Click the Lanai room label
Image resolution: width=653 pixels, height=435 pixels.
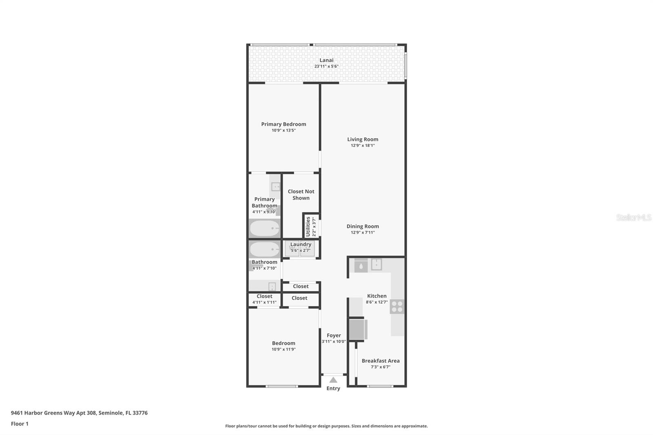[x=326, y=60]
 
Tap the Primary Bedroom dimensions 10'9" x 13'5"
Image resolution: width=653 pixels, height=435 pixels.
[x=283, y=131]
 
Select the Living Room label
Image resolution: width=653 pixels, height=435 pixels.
[x=362, y=139]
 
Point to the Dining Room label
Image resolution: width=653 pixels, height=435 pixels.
[x=362, y=226]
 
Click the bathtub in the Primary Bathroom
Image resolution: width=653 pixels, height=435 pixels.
[x=264, y=229]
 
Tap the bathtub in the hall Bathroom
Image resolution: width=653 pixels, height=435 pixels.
[x=264, y=249]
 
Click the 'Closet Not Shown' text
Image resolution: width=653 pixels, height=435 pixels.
[x=301, y=195]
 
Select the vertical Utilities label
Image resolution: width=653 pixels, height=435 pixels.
[x=308, y=227]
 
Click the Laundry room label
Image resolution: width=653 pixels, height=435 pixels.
[x=301, y=244]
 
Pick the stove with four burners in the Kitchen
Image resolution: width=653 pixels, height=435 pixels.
[x=397, y=306]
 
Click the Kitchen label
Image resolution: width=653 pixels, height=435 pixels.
[x=376, y=296]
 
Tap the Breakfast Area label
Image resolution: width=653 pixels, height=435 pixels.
[x=380, y=361]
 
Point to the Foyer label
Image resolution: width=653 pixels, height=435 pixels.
[x=333, y=335]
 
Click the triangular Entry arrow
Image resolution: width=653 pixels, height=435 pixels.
[x=333, y=380]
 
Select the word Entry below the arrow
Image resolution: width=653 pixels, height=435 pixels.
[x=333, y=388]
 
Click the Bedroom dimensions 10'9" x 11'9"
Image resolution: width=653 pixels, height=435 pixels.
[x=283, y=349]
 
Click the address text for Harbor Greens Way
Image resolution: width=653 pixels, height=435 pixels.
[x=79, y=413]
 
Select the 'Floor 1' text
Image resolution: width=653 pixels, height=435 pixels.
[x=20, y=424]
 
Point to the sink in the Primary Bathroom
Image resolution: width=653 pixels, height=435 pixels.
[x=276, y=187]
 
